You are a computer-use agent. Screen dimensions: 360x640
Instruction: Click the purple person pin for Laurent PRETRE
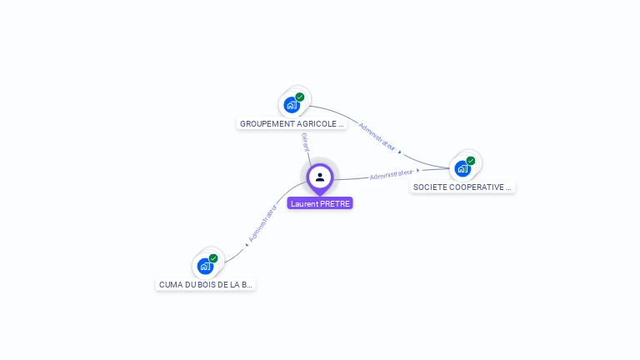point(320,177)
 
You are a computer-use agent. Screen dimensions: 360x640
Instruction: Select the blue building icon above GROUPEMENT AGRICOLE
point(291,104)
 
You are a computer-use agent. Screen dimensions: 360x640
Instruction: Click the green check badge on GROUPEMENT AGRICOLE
point(300,97)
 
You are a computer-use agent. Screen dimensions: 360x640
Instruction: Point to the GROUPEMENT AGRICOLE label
point(292,123)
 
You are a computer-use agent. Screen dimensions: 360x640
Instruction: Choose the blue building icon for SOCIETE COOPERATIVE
point(462,168)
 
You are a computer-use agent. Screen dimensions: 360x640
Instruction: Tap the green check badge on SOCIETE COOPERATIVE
point(471,160)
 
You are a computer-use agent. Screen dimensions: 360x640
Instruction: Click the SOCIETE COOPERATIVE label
point(463,187)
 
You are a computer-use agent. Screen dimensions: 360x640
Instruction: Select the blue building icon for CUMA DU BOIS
point(205,267)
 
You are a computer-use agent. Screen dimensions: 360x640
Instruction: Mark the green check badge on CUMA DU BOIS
point(213,258)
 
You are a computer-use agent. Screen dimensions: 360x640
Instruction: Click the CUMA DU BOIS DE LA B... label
point(206,285)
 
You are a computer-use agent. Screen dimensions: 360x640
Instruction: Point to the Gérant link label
point(305,142)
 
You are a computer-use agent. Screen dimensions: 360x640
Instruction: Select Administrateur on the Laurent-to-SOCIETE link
point(391,174)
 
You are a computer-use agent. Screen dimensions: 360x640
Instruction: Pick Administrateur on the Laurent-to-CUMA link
point(262,222)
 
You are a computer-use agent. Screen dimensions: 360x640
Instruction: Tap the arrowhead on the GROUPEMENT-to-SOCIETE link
point(400,152)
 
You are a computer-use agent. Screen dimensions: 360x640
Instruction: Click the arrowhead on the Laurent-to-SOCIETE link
point(418,171)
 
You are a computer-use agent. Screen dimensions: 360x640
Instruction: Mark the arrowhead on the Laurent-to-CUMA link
point(248,242)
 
